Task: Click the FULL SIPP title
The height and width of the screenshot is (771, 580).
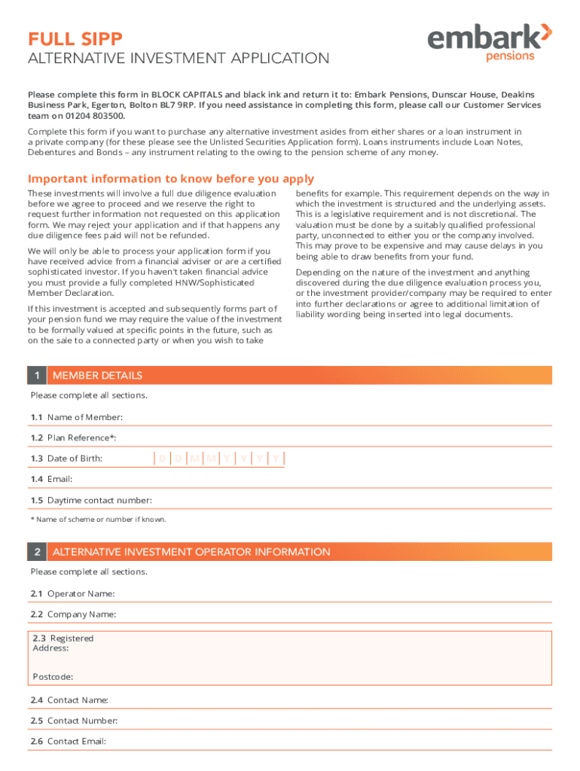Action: [x=75, y=38]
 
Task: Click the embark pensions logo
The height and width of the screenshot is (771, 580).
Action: [x=490, y=42]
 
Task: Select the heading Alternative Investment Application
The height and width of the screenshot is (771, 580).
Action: [x=179, y=59]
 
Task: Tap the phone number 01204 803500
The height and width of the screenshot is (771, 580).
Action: [x=94, y=116]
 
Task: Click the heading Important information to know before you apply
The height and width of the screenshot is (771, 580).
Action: [x=171, y=179]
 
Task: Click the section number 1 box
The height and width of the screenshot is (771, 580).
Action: [x=36, y=376]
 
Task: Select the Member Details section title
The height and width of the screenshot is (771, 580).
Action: [x=97, y=376]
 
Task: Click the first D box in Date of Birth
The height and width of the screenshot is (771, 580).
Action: [x=162, y=459]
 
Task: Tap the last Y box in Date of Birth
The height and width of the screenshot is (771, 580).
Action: [x=276, y=459]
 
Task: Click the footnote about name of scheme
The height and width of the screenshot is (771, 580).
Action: [x=98, y=520]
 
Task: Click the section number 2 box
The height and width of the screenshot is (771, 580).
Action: [x=36, y=552]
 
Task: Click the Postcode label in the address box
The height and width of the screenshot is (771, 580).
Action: [x=53, y=676]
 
